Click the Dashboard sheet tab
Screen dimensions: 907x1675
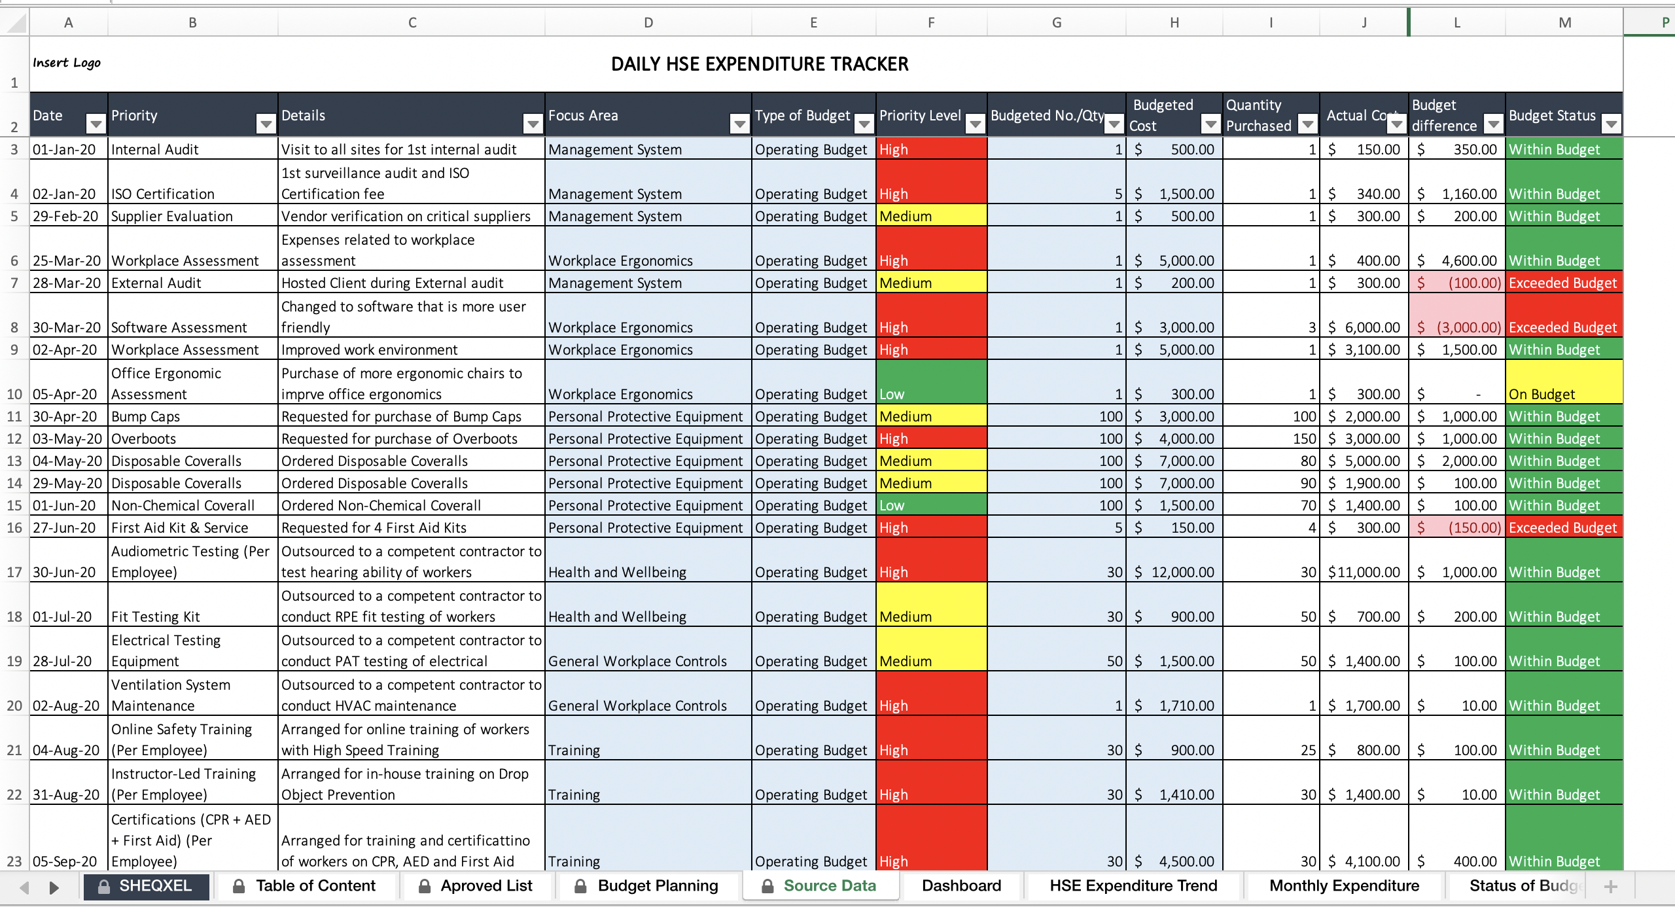961,886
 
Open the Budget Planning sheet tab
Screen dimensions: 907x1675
657,886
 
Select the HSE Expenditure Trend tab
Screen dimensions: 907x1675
1133,886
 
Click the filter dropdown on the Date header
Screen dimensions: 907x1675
96,124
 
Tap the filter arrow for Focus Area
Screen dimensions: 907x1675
739,124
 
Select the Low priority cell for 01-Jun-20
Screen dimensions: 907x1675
930,505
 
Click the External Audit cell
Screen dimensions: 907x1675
192,283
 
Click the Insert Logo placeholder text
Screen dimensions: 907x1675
67,63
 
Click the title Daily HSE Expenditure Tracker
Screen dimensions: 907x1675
759,64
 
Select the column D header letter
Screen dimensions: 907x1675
648,23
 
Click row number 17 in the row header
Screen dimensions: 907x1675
14,572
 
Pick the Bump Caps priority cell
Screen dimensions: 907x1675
192,416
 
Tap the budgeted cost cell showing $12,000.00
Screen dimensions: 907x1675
1174,572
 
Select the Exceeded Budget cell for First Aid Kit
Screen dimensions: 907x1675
1563,527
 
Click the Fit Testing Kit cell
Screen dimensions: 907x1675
192,616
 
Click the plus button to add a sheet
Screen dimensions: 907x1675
1611,887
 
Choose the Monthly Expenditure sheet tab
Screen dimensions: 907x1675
1344,886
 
